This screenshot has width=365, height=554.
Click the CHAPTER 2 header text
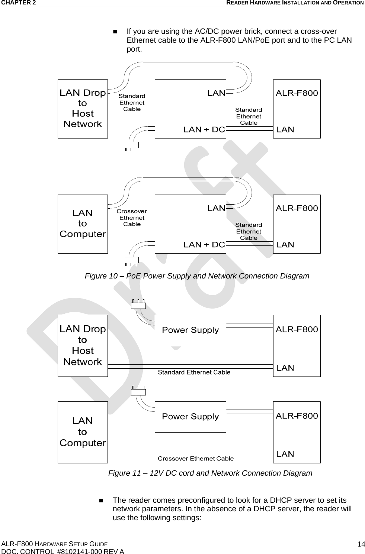click(18, 3)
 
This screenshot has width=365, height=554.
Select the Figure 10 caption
click(197, 276)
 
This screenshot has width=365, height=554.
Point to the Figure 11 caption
click(210, 473)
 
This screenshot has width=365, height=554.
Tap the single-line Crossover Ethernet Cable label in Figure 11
click(196, 459)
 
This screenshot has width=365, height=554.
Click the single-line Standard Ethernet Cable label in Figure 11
click(194, 372)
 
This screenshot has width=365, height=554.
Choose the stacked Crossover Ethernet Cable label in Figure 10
click(132, 218)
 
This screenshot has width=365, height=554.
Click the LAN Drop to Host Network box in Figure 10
click(83, 108)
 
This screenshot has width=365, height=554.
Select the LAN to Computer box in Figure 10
click(83, 224)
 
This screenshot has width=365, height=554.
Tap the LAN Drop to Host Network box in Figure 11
click(83, 345)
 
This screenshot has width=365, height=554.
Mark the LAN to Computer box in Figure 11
click(83, 432)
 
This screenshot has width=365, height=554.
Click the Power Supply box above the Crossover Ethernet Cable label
click(190, 417)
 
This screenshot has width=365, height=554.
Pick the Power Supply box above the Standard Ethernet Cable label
click(190, 330)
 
